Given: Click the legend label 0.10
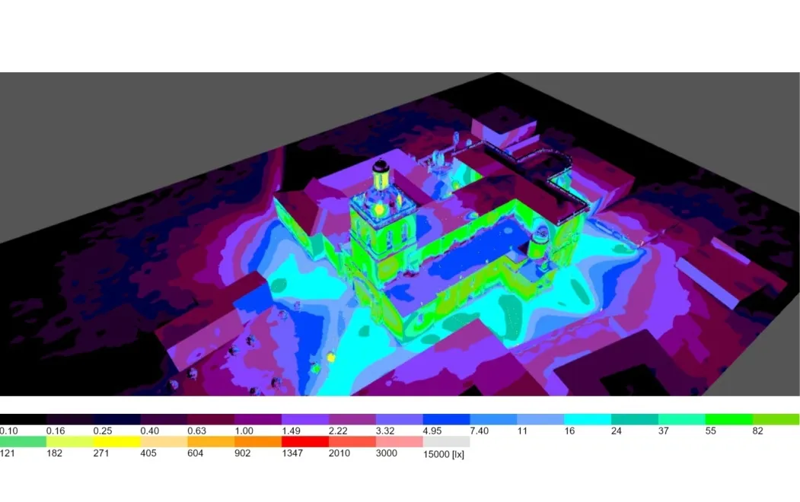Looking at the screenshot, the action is tap(8, 431).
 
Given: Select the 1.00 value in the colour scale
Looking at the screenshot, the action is tap(244, 431).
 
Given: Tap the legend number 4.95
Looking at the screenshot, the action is tap(432, 431).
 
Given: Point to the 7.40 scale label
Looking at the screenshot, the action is tap(479, 431).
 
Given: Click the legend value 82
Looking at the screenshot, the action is tap(757, 431).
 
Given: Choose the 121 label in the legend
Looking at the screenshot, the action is tap(7, 453).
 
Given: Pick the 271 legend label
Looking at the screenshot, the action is tap(101, 453).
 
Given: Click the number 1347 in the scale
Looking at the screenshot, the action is tap(292, 453).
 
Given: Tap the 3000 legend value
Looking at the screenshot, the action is tap(386, 453).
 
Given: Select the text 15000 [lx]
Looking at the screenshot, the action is tap(443, 454).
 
